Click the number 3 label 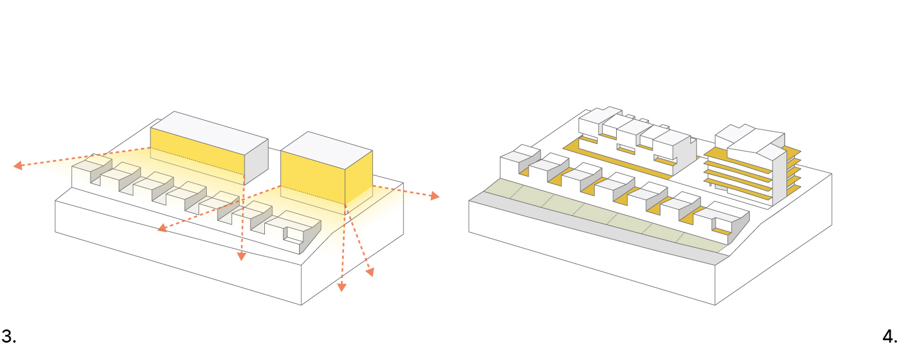tap(8, 337)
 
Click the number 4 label tap(890, 337)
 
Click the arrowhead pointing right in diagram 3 tap(434, 196)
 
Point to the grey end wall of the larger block tap(256, 159)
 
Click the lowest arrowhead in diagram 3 tap(342, 287)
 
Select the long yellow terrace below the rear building tap(617, 159)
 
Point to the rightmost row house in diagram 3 tap(294, 225)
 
